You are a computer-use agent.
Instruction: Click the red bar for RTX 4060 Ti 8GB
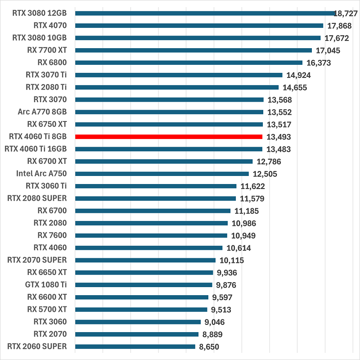(169, 136)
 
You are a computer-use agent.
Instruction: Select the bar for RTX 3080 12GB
(205, 13)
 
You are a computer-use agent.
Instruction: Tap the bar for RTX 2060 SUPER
(135, 346)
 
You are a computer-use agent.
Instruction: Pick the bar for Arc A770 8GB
(169, 112)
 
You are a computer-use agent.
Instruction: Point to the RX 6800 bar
(189, 63)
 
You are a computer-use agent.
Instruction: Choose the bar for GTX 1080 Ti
(144, 285)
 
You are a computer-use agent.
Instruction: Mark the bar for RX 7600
(151, 235)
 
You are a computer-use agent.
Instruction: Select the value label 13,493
(279, 137)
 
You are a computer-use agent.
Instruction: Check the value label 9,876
(226, 285)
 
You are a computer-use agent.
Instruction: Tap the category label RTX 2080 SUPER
(37, 198)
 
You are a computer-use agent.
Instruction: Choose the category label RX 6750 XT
(47, 124)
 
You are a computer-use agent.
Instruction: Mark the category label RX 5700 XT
(47, 309)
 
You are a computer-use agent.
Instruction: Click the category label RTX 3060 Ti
(46, 185)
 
